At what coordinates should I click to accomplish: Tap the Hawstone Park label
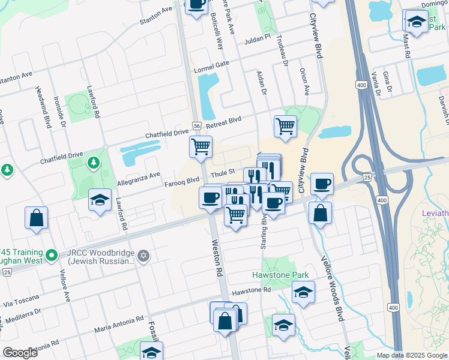click(280, 275)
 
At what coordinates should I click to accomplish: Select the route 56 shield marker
click(196, 125)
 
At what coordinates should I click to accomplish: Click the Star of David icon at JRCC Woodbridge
click(143, 256)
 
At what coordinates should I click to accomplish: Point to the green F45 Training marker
click(52, 256)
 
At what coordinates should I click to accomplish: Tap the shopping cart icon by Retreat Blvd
click(285, 125)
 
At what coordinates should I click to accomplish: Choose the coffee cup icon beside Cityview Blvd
click(322, 183)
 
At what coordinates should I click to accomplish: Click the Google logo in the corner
click(20, 353)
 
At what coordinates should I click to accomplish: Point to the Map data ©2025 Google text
click(412, 355)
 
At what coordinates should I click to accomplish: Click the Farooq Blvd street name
click(182, 180)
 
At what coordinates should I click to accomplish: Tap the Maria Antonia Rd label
click(119, 325)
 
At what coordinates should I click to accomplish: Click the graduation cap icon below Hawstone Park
click(303, 292)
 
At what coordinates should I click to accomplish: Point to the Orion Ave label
click(304, 81)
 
